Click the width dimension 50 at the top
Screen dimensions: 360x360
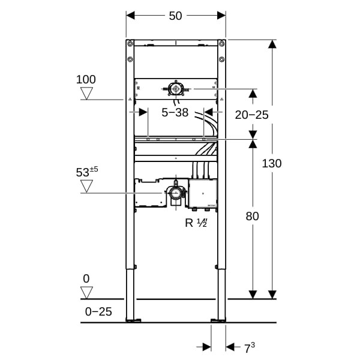(175, 16)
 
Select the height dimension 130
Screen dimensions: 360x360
(272, 163)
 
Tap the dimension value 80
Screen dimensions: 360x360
(253, 216)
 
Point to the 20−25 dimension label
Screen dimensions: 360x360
(251, 115)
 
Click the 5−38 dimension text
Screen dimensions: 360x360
(175, 113)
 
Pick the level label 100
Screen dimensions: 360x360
(86, 79)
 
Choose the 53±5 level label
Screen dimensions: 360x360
(87, 172)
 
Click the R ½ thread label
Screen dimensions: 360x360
(196, 223)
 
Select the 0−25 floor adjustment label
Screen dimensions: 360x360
(98, 312)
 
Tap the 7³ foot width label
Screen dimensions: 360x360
(250, 347)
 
